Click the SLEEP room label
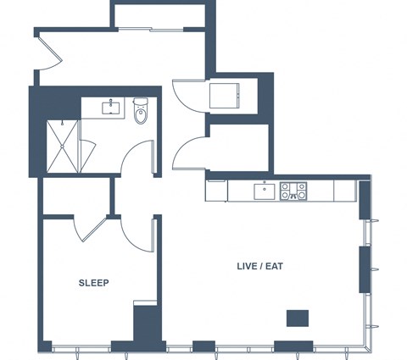pyautogui.click(x=93, y=283)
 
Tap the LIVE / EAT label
pyautogui.click(x=259, y=266)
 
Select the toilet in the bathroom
pyautogui.click(x=141, y=111)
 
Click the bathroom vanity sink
pyautogui.click(x=110, y=108)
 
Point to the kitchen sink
pyautogui.click(x=265, y=191)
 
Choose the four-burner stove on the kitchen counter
pyautogui.click(x=293, y=191)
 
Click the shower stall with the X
pyautogui.click(x=62, y=147)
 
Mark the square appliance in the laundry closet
pyautogui.click(x=225, y=96)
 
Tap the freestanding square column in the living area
pyautogui.click(x=298, y=318)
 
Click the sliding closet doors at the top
pyautogui.click(x=150, y=29)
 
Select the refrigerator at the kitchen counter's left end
pyautogui.click(x=216, y=191)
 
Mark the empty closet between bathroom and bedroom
pyautogui.click(x=76, y=196)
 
